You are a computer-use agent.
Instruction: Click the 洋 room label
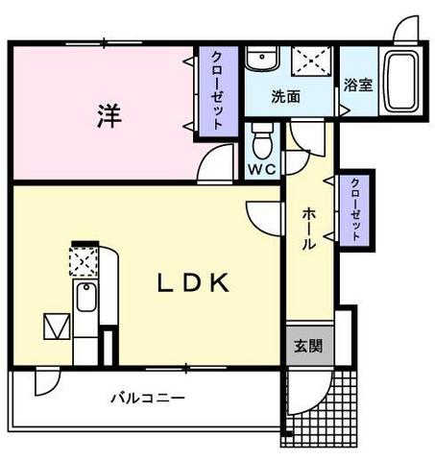click(108, 115)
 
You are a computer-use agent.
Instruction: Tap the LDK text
click(193, 283)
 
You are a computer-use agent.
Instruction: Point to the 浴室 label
click(358, 85)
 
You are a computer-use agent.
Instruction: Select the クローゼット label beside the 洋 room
click(217, 90)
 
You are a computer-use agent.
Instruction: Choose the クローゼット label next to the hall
click(355, 210)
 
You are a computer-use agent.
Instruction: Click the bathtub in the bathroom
click(399, 85)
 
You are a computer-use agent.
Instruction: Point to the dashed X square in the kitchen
click(83, 260)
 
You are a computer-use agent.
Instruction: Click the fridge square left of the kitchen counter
click(56, 327)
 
